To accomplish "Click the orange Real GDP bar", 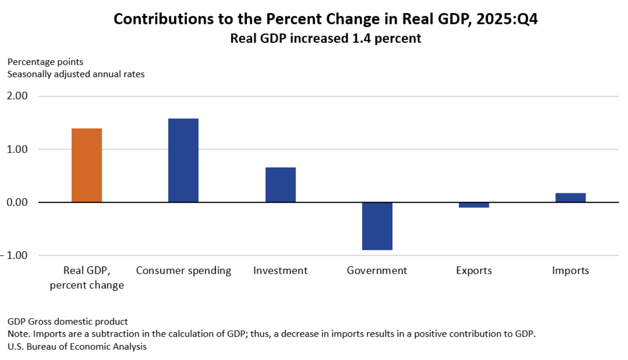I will pos(87,165).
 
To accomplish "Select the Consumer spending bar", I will pos(183,160).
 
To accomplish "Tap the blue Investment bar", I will pos(280,185).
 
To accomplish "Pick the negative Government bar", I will pos(377,226).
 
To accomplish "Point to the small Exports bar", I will pos(474,205).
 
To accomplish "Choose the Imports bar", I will pos(571,197).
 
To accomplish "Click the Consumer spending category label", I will pos(184,270).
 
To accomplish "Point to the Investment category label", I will pos(280,270).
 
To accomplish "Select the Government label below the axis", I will pos(377,270).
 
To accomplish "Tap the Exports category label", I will pos(474,270).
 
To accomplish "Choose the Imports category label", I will pos(571,270).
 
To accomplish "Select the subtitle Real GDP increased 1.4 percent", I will pos(326,38).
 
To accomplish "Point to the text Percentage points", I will pos(45,62).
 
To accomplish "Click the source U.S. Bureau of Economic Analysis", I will pos(77,347).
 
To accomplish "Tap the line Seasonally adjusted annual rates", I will pos(76,75).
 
